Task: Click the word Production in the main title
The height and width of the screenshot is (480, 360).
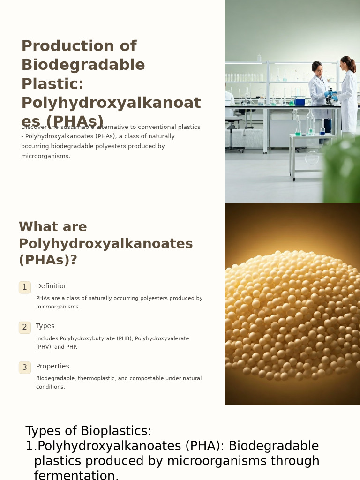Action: coord(56,46)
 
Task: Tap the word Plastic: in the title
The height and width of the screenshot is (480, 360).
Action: coord(52,84)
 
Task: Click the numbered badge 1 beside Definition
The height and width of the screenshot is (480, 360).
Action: coord(25,287)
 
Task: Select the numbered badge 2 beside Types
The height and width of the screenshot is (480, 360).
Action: coord(25,327)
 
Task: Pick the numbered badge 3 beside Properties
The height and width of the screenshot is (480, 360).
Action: coord(25,367)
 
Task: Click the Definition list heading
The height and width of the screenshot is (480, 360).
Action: coord(52,286)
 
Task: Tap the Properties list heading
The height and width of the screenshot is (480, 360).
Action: coord(52,367)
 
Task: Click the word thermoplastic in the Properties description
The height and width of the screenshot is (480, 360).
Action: coord(96,379)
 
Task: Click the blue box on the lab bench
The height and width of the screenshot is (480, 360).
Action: coord(300,102)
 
